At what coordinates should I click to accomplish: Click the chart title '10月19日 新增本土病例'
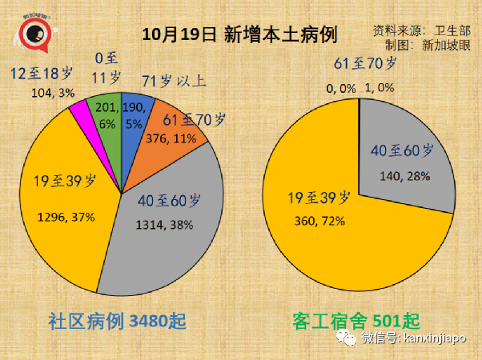(239, 34)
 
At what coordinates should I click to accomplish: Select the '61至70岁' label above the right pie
(364, 62)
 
